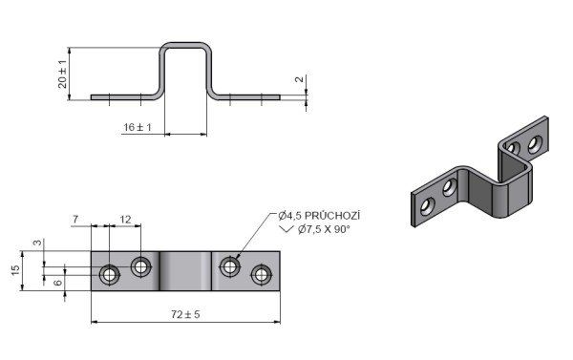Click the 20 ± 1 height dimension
tap(63, 74)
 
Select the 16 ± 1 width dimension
tap(138, 127)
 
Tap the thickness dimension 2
tap(300, 79)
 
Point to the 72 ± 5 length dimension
tap(185, 314)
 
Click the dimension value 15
tap(15, 270)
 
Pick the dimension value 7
tap(75, 220)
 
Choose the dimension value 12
tap(125, 220)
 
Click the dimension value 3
tap(37, 243)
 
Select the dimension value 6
tap(58, 283)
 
